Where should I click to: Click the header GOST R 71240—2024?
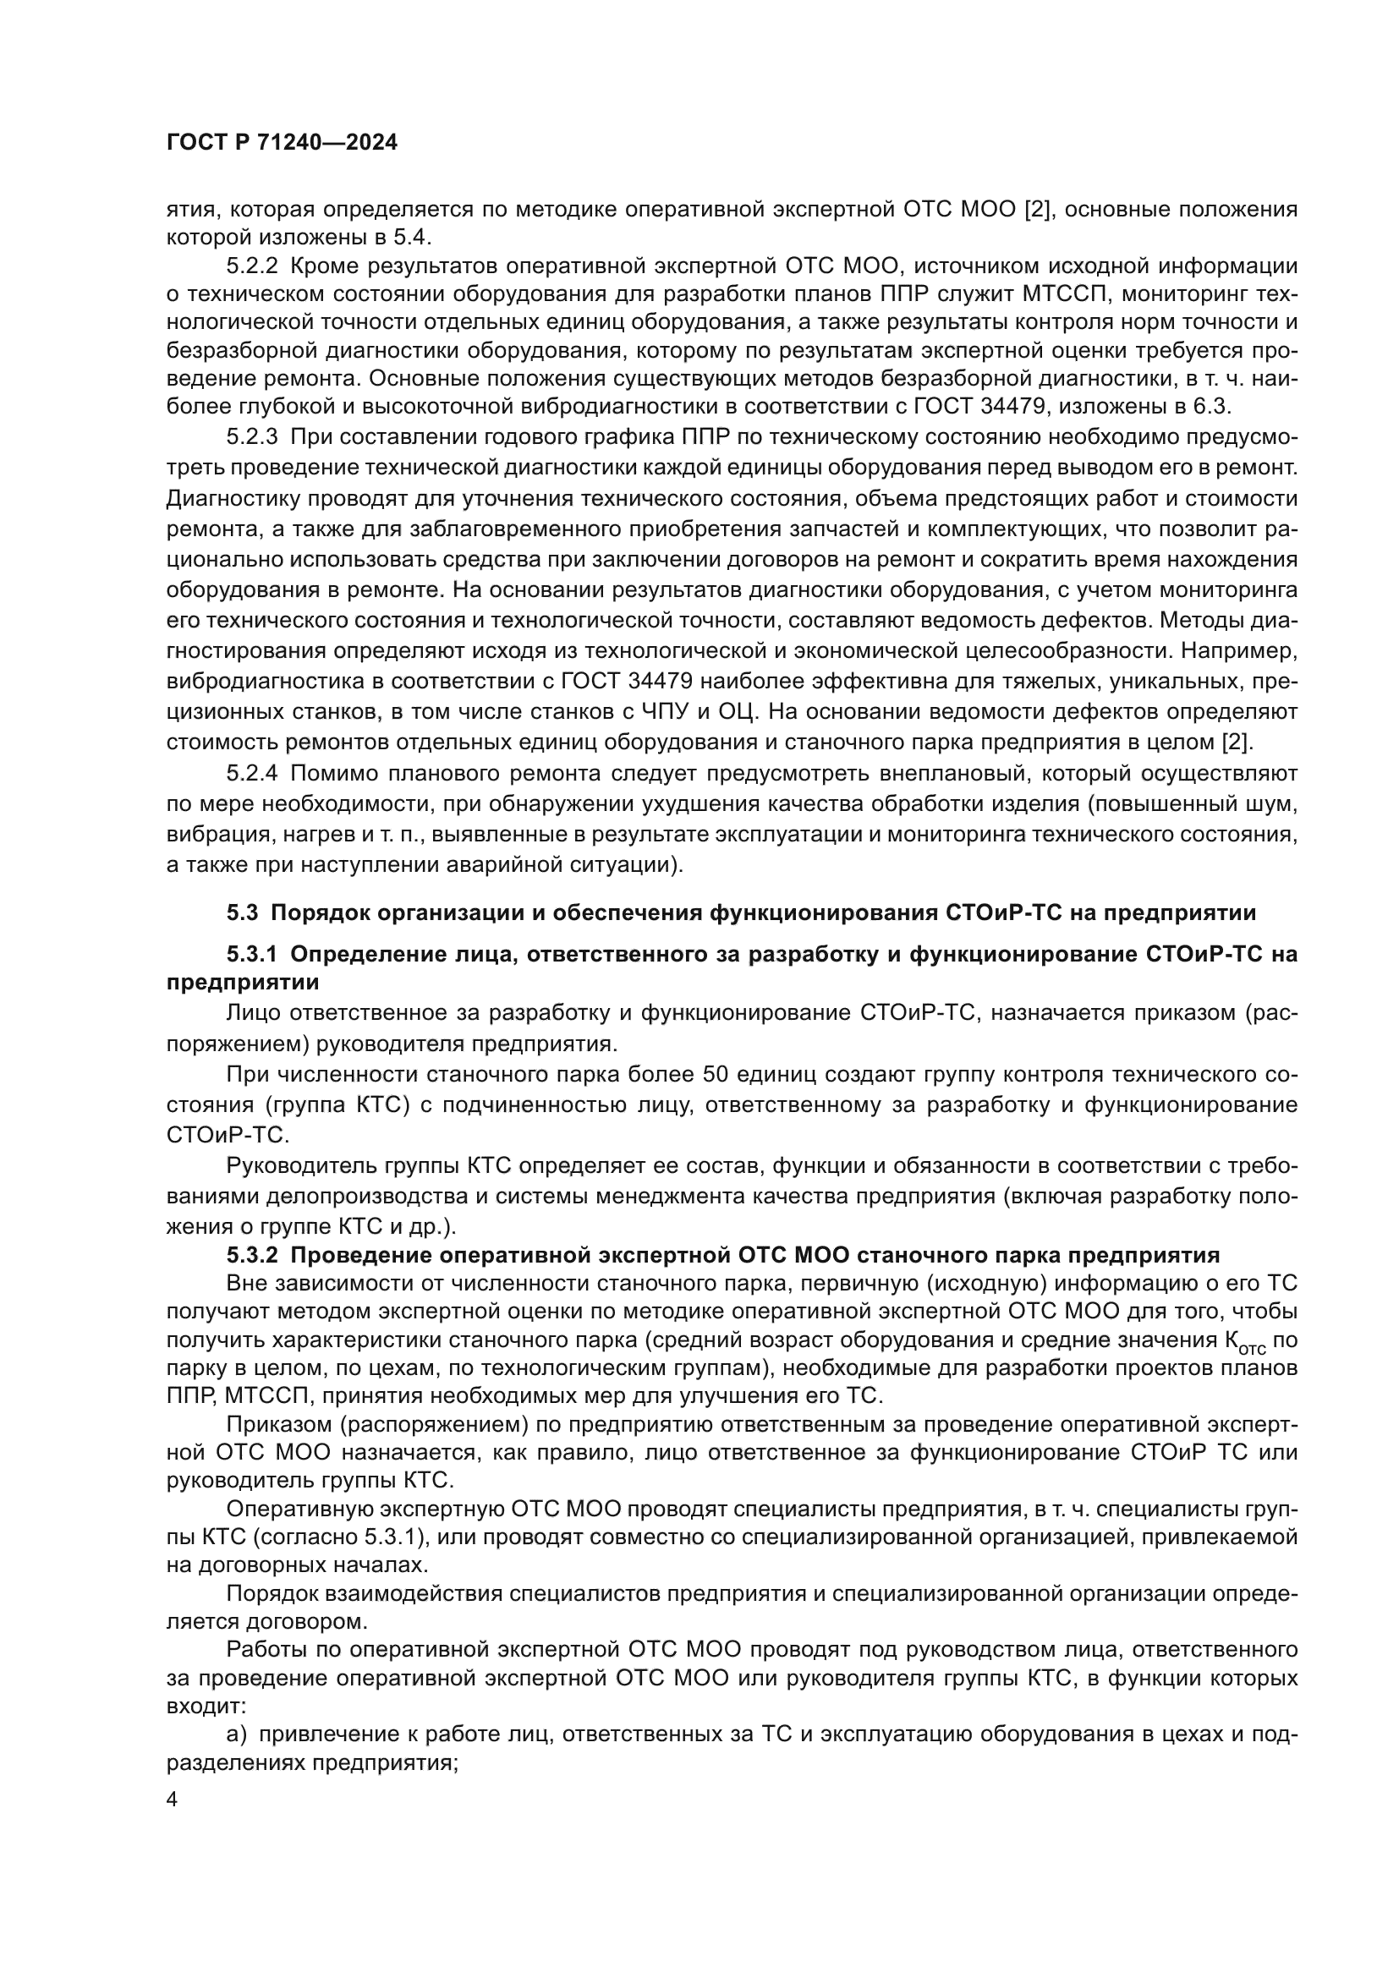[x=282, y=143]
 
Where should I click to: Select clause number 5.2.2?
[x=251, y=266]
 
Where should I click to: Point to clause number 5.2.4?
[x=251, y=774]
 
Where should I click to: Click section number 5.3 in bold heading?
[x=243, y=912]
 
